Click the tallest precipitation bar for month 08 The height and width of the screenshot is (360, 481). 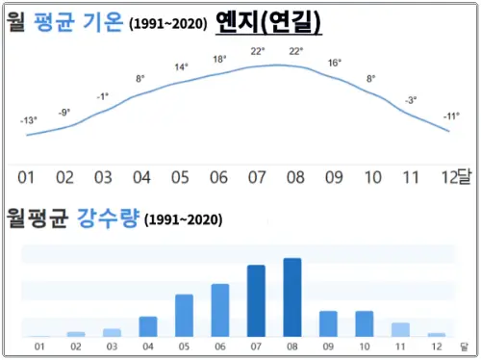(292, 296)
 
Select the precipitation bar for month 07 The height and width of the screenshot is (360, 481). (256, 300)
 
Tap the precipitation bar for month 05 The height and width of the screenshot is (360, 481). (184, 315)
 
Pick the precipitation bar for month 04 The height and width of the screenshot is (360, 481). (148, 325)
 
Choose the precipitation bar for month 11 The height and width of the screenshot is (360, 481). (400, 329)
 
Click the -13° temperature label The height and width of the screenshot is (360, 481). (29, 120)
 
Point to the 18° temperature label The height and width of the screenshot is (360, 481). (219, 59)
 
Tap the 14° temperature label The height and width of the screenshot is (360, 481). (181, 67)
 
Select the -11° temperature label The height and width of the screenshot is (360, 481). (451, 116)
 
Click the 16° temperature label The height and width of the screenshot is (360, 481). (334, 63)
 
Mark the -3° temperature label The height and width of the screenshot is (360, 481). (411, 100)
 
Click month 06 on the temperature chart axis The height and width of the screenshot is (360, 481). (218, 178)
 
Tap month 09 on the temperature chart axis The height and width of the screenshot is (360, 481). (334, 178)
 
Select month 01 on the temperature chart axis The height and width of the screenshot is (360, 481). (26, 178)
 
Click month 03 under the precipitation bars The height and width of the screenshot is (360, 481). (113, 346)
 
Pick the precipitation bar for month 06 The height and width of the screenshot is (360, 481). (220, 309)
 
